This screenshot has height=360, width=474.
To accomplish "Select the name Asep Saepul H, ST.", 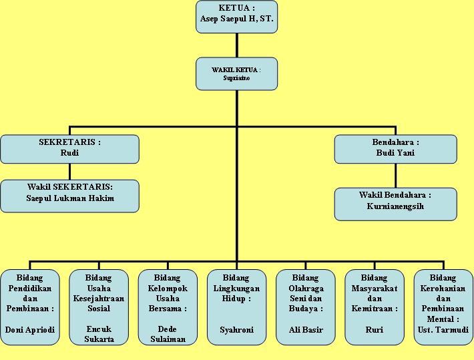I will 236,19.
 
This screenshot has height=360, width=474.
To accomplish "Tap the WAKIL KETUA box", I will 236,73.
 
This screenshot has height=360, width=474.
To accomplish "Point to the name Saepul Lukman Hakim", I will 70,198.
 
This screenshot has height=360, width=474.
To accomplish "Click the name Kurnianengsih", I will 395,206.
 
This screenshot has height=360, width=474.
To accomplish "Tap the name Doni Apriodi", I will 30,330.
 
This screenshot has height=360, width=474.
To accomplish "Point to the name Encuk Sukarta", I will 99,334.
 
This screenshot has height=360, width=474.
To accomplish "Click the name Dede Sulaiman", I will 168,334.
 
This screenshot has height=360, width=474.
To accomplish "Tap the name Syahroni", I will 236,330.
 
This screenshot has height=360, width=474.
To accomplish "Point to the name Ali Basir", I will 305,330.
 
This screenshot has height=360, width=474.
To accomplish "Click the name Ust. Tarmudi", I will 443,330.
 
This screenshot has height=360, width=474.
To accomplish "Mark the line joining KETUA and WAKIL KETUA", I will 236,45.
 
